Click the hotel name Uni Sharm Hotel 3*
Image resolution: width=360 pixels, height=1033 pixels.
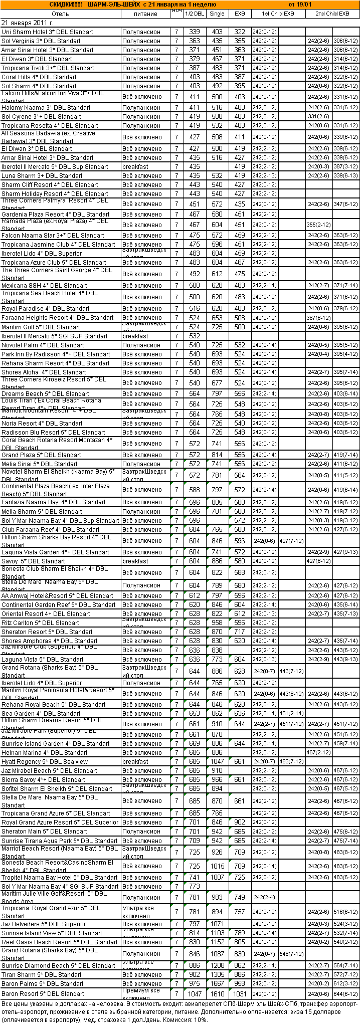click(x=47, y=32)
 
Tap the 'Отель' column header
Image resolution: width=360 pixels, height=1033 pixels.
click(x=60, y=14)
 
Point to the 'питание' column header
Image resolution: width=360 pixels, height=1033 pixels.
click(x=145, y=14)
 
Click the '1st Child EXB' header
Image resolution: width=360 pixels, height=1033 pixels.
click(x=278, y=14)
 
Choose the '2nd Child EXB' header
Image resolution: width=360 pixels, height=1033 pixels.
click(x=332, y=14)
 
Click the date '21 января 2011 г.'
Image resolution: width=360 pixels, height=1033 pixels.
click(x=28, y=23)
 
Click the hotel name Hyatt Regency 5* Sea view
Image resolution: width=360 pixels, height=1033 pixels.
click(x=45, y=761)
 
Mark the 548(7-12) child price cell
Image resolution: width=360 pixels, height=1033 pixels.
click(x=292, y=954)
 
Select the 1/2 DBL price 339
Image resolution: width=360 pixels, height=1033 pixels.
click(x=194, y=32)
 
